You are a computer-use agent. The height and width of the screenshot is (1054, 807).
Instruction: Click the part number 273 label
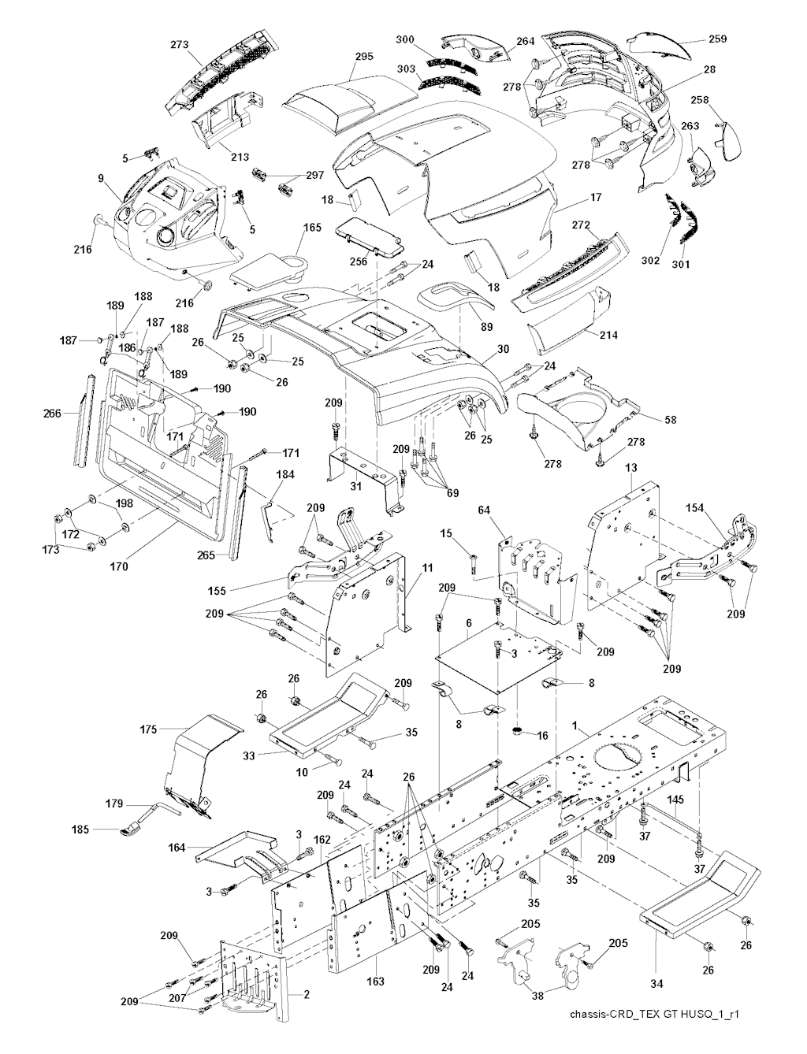click(180, 45)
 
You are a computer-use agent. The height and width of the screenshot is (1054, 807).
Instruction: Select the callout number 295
click(364, 57)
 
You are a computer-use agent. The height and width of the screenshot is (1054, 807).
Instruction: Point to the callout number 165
click(314, 228)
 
